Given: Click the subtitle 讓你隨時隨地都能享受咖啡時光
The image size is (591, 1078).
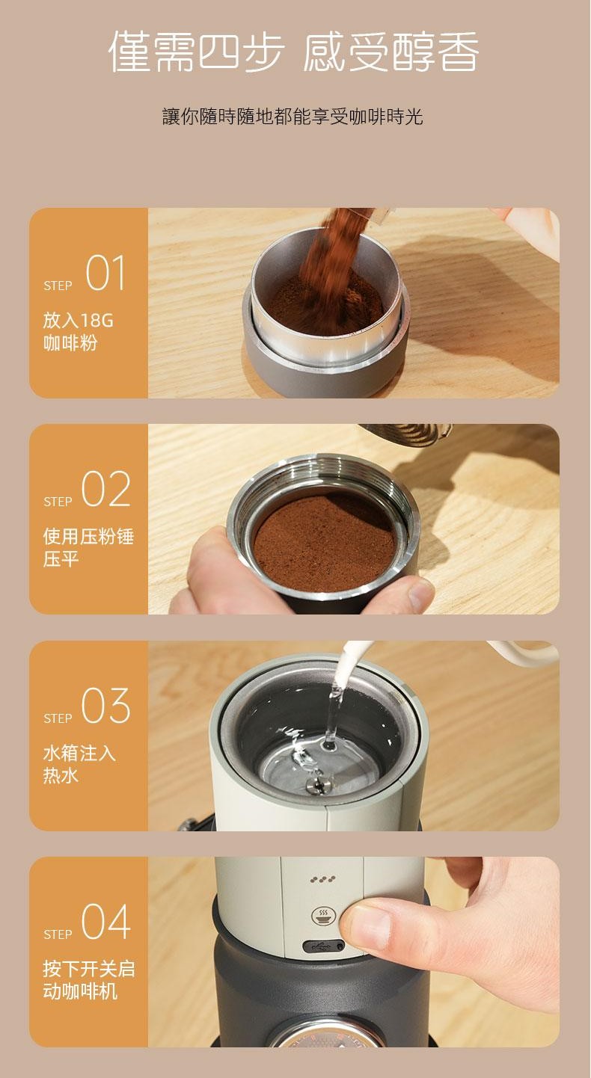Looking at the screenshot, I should tap(293, 117).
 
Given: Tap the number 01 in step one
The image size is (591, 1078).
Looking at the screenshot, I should tap(105, 274).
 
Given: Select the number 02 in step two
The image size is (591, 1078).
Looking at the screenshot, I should tap(105, 490).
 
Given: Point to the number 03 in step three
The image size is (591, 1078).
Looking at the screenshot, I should tap(105, 706).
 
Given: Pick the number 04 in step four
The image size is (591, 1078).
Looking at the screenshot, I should tap(105, 922).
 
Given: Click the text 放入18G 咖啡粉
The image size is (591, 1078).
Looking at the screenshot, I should tap(78, 332).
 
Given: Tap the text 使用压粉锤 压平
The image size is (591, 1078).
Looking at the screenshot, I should tap(88, 548).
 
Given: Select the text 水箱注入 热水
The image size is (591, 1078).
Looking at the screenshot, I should tap(79, 764).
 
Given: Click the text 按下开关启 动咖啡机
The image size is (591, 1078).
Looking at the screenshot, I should tap(88, 980).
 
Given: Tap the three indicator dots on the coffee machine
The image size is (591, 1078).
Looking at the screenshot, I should tap(323, 879).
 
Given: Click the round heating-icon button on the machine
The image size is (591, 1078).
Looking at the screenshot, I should tap(322, 916).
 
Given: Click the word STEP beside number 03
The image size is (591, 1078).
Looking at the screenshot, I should tap(58, 718).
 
